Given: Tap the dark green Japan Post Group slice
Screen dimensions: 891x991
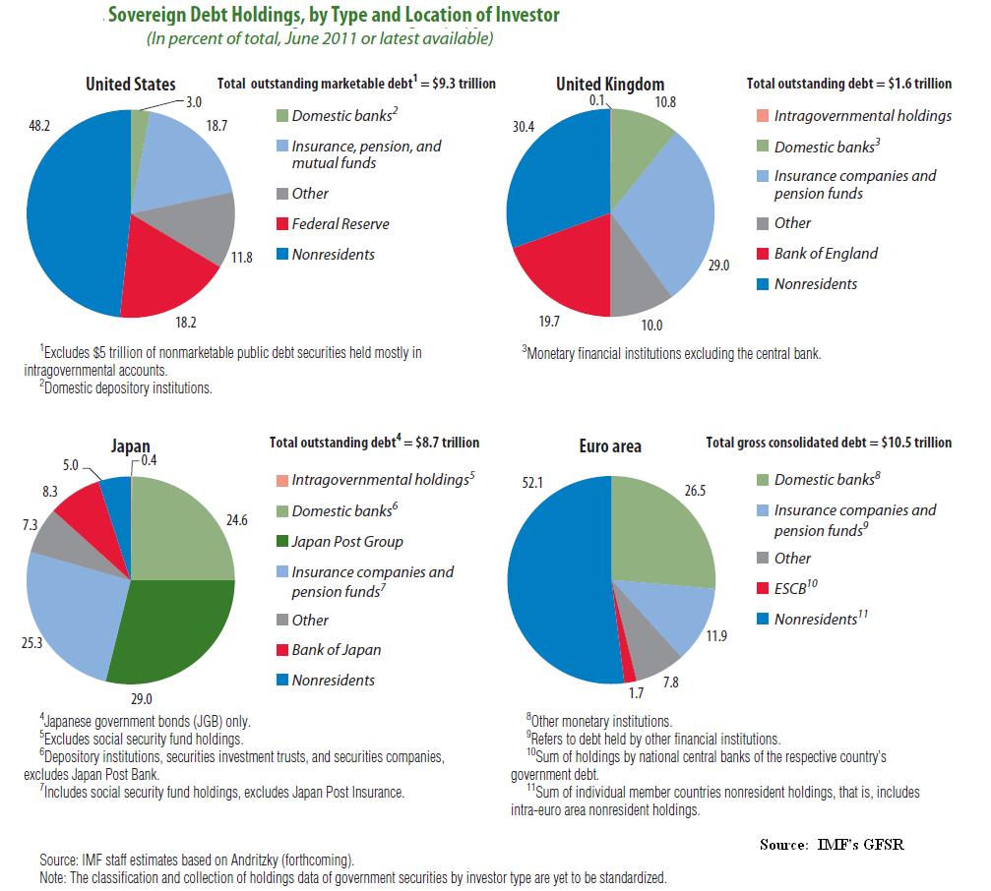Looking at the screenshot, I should click(x=177, y=629).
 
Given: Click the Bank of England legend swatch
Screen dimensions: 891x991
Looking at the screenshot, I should click(x=761, y=254).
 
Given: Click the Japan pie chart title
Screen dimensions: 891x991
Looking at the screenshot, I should click(x=131, y=446).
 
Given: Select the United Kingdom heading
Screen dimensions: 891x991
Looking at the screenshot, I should click(x=610, y=85).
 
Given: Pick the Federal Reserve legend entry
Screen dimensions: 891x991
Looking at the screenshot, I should click(x=341, y=224).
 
